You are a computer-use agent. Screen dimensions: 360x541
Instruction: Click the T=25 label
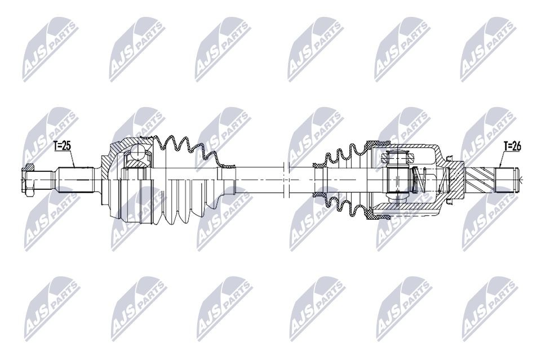pyautogui.click(x=62, y=146)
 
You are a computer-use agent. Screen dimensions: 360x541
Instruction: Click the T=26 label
pyautogui.click(x=512, y=146)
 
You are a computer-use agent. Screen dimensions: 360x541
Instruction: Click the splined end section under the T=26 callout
pyautogui.click(x=505, y=180)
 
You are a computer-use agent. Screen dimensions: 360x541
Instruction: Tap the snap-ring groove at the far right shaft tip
pyautogui.click(x=517, y=180)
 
